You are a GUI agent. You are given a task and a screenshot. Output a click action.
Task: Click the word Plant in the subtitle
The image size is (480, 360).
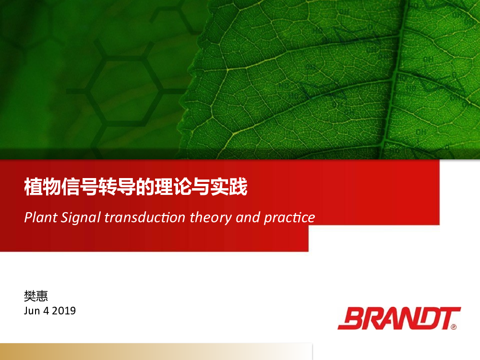(x=41, y=217)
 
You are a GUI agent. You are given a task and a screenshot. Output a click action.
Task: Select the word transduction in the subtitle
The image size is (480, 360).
(x=145, y=217)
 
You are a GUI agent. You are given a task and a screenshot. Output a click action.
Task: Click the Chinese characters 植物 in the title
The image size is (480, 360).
(x=43, y=187)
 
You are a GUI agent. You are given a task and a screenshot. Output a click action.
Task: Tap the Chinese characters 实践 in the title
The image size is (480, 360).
(x=229, y=187)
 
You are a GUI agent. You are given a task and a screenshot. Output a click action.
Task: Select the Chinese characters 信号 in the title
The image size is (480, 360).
(x=80, y=187)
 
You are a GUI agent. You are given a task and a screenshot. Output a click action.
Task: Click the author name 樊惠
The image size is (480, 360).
(x=36, y=296)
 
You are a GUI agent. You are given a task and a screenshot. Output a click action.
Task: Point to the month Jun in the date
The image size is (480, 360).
(x=32, y=311)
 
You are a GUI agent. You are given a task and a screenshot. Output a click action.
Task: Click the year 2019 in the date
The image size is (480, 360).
(x=64, y=311)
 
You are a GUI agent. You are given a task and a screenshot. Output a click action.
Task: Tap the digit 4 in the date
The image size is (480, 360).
(x=46, y=311)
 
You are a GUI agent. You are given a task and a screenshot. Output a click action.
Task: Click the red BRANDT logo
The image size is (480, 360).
(x=399, y=318)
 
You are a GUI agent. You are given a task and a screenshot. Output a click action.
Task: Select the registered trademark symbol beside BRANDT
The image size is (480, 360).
(x=454, y=327)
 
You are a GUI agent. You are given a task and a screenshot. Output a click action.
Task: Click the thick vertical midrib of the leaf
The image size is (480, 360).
(x=395, y=80)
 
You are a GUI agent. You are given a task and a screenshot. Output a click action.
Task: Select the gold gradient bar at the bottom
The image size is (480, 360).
(x=156, y=351)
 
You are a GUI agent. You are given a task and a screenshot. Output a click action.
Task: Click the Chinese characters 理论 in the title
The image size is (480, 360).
(x=173, y=187)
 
